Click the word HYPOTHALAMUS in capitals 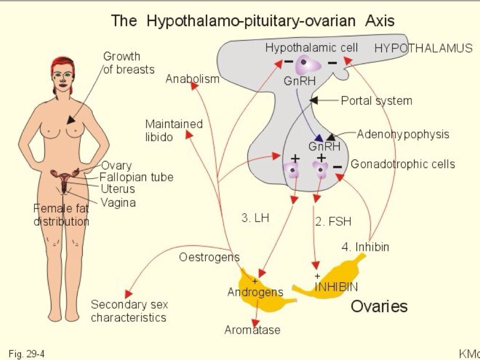click(x=423, y=48)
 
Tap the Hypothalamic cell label click(x=311, y=48)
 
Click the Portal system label click(x=376, y=101)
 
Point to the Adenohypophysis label click(x=403, y=135)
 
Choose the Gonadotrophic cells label click(x=403, y=164)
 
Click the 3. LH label click(x=255, y=218)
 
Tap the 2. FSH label click(x=333, y=221)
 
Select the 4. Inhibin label click(x=366, y=247)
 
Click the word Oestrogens click(x=209, y=257)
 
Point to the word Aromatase click(x=252, y=330)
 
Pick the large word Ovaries click(x=379, y=307)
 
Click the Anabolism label click(x=192, y=79)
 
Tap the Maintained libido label click(x=173, y=131)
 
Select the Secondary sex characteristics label click(x=129, y=311)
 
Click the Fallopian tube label click(x=136, y=177)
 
